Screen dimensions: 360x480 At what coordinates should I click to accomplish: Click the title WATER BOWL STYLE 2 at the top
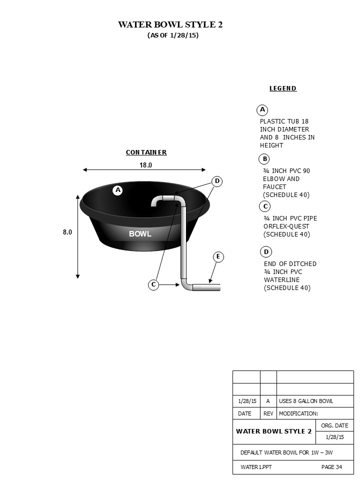pyautogui.click(x=170, y=24)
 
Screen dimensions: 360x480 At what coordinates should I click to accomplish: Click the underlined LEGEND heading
pyautogui.click(x=283, y=88)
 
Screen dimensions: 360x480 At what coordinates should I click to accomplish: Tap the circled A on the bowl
pyautogui.click(x=118, y=190)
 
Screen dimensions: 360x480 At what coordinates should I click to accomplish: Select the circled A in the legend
pyautogui.click(x=262, y=109)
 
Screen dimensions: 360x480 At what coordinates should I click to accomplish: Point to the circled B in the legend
pyautogui.click(x=265, y=159)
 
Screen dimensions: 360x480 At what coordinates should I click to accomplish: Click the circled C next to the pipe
pyautogui.click(x=153, y=284)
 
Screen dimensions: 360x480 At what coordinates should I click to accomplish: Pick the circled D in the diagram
pyautogui.click(x=217, y=181)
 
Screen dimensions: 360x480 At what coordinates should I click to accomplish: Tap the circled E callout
pyautogui.click(x=218, y=256)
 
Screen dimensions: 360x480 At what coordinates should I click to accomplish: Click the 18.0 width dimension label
pyautogui.click(x=145, y=165)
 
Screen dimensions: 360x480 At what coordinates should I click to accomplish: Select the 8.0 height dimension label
pyautogui.click(x=67, y=232)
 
